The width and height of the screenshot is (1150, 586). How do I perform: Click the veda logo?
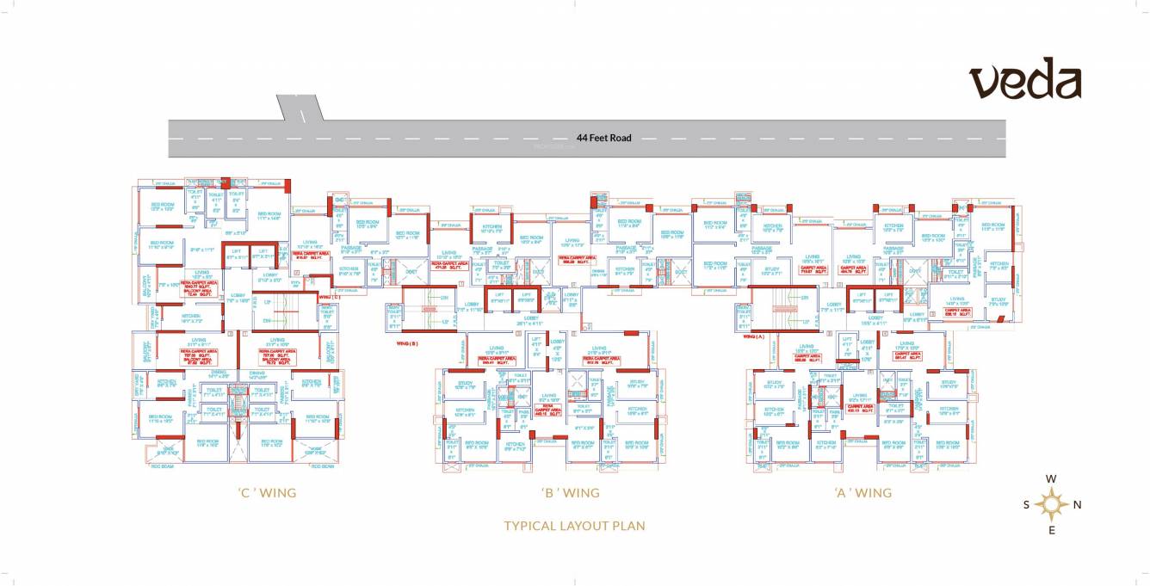click(x=1025, y=81)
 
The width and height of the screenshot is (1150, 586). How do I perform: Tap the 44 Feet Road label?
click(x=603, y=138)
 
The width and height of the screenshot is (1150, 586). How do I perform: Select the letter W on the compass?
click(x=1051, y=479)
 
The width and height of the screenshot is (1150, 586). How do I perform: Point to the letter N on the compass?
click(x=1077, y=505)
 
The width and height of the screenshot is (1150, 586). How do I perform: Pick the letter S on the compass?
click(x=1026, y=505)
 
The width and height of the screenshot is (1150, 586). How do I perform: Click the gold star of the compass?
click(x=1051, y=504)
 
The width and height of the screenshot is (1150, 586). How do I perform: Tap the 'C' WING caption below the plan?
click(x=267, y=493)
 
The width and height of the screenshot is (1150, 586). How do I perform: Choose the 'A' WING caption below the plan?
click(x=862, y=493)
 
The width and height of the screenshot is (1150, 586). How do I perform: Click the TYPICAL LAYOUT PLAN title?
click(x=574, y=526)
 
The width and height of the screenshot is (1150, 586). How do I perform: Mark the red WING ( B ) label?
click(x=407, y=342)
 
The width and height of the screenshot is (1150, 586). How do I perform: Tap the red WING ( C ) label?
click(x=330, y=297)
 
